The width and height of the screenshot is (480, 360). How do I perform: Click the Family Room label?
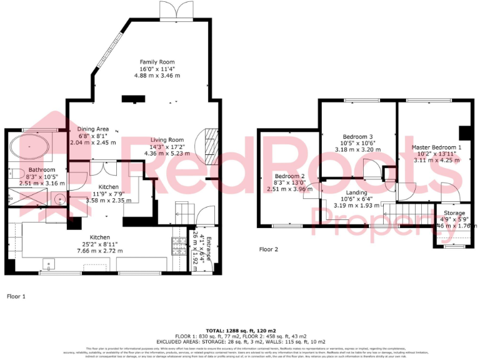157,61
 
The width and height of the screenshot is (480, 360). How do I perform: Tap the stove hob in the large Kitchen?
176,244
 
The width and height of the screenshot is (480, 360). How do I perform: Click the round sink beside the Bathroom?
60,200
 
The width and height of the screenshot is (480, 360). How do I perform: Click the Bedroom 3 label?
358,136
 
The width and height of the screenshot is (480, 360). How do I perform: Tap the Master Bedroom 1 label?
436,147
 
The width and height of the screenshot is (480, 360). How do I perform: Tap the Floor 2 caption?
269,249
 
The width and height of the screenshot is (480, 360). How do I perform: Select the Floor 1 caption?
16,297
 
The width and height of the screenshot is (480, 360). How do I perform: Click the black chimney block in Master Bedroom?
464,132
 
